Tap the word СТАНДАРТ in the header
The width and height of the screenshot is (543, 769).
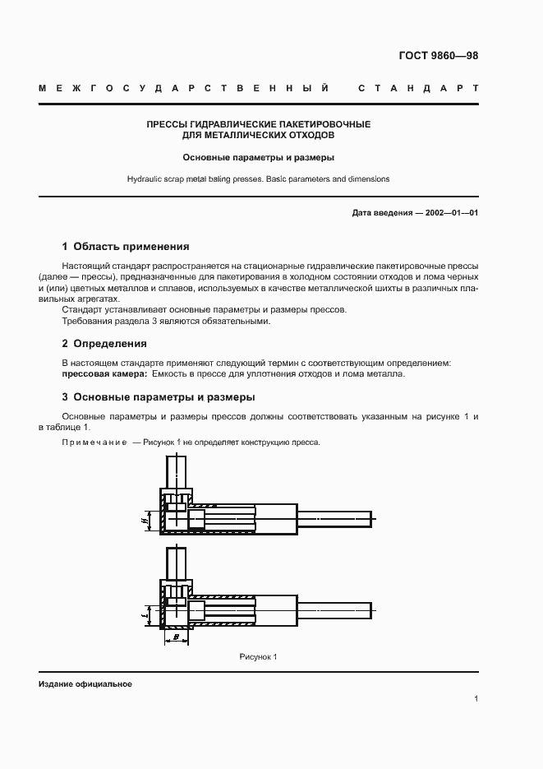(x=418, y=87)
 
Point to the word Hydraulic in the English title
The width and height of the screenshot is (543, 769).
(x=145, y=178)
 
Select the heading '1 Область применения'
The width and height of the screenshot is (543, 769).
(x=126, y=246)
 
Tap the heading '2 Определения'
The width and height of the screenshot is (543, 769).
(x=104, y=343)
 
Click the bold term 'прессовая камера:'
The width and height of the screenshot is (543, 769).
(x=105, y=374)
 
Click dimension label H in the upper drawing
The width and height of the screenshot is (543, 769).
(x=143, y=520)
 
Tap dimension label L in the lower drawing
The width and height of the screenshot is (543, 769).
(x=143, y=613)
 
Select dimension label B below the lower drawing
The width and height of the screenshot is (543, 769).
(x=177, y=638)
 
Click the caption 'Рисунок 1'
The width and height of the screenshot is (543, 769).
(x=259, y=656)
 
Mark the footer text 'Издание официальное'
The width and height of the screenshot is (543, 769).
(x=85, y=684)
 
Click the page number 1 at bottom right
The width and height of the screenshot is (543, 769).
(x=476, y=699)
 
